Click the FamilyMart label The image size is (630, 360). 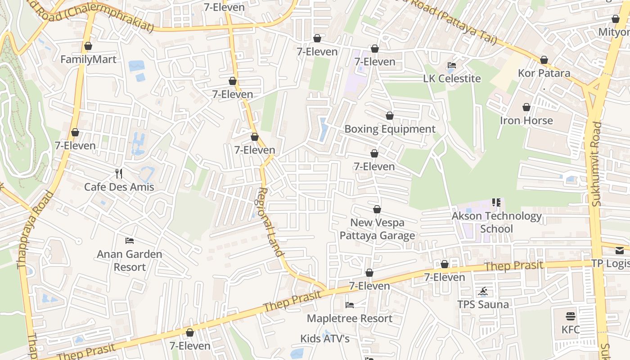point(88,59)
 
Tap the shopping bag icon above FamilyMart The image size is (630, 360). point(88,46)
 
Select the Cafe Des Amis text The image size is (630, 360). point(119,187)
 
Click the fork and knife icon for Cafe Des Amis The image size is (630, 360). point(119,173)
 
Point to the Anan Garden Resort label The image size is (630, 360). point(130,261)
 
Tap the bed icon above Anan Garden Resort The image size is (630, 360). point(130,240)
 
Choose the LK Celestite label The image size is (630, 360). point(452,79)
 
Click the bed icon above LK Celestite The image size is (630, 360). point(452,65)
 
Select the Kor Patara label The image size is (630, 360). point(544,73)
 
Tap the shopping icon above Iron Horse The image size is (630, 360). point(526,107)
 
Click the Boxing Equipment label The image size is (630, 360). point(390,129)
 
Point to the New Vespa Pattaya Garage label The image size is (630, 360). point(377,229)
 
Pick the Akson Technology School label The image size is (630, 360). point(496,222)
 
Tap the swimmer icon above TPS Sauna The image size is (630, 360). point(483,291)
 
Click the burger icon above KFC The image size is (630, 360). point(571,316)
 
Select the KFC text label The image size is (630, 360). point(571,329)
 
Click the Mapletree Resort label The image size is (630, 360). point(350,319)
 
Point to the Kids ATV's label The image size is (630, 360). point(325,338)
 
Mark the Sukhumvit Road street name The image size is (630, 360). point(597,164)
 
